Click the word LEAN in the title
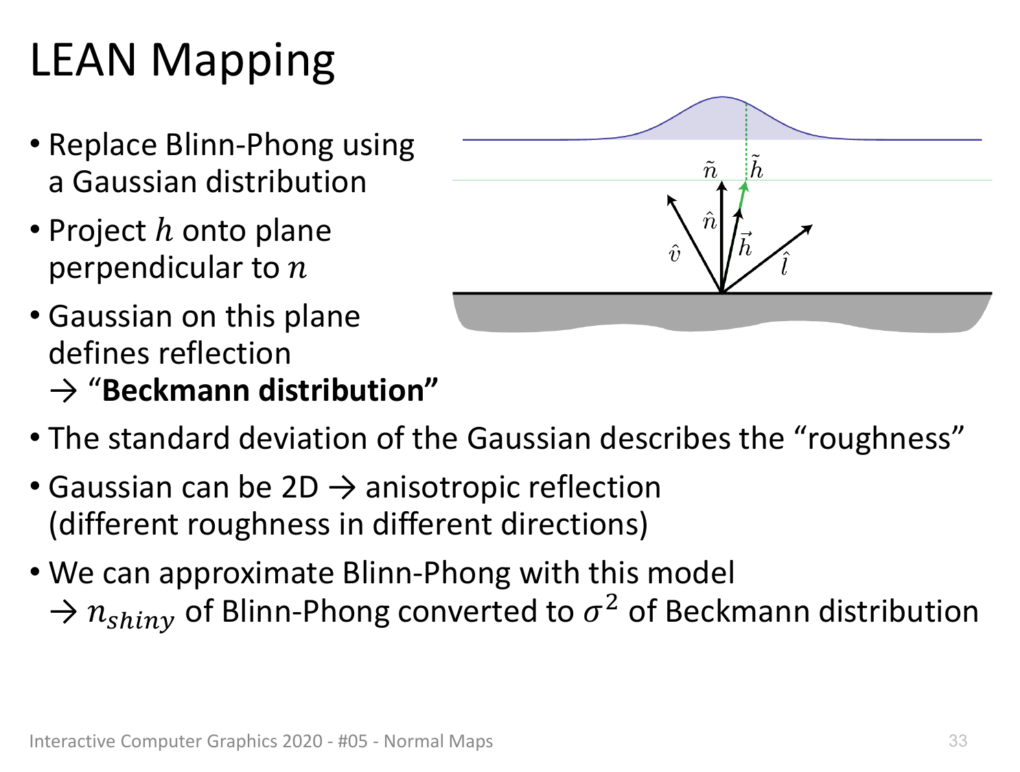click(83, 60)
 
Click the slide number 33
click(958, 741)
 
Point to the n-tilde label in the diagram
click(710, 169)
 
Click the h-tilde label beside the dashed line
click(756, 167)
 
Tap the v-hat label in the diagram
click(674, 254)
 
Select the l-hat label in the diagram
click(785, 264)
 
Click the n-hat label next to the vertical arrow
click(710, 221)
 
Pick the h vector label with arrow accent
click(745, 244)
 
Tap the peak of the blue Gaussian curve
click(721, 97)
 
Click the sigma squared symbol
click(601, 609)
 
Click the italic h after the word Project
click(164, 230)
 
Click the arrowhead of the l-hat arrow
click(807, 229)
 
